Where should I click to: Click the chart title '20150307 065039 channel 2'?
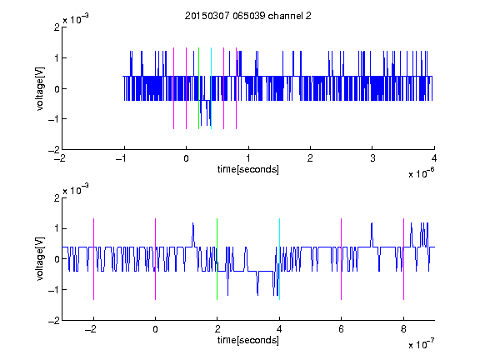pyautogui.click(x=248, y=16)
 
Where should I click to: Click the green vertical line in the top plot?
pyautogui.click(x=198, y=88)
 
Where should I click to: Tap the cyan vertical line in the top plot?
pyautogui.click(x=211, y=88)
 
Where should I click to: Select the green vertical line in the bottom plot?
pyautogui.click(x=217, y=259)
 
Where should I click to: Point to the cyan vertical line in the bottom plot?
pyautogui.click(x=279, y=259)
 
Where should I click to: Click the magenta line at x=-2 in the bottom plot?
pyautogui.click(x=93, y=259)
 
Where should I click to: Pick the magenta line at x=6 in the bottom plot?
pyautogui.click(x=342, y=259)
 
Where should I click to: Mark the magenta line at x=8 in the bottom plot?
pyautogui.click(x=404, y=259)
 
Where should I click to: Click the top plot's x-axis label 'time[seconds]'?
pyautogui.click(x=248, y=169)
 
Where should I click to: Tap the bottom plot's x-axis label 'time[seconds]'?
pyautogui.click(x=248, y=340)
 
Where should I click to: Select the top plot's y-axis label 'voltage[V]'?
pyautogui.click(x=40, y=89)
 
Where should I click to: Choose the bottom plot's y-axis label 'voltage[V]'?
pyautogui.click(x=40, y=259)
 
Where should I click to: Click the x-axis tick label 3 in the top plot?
pyautogui.click(x=372, y=158)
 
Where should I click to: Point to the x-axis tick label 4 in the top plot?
pyautogui.click(x=434, y=158)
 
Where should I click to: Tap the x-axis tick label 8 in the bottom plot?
pyautogui.click(x=404, y=329)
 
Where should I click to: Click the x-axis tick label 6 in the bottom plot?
pyautogui.click(x=342, y=329)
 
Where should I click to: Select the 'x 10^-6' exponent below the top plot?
pyautogui.click(x=421, y=173)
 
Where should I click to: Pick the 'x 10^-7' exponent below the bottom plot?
pyautogui.click(x=421, y=344)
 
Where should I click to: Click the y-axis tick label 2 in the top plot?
pyautogui.click(x=57, y=27)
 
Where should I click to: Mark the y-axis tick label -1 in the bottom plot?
pyautogui.click(x=54, y=290)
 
